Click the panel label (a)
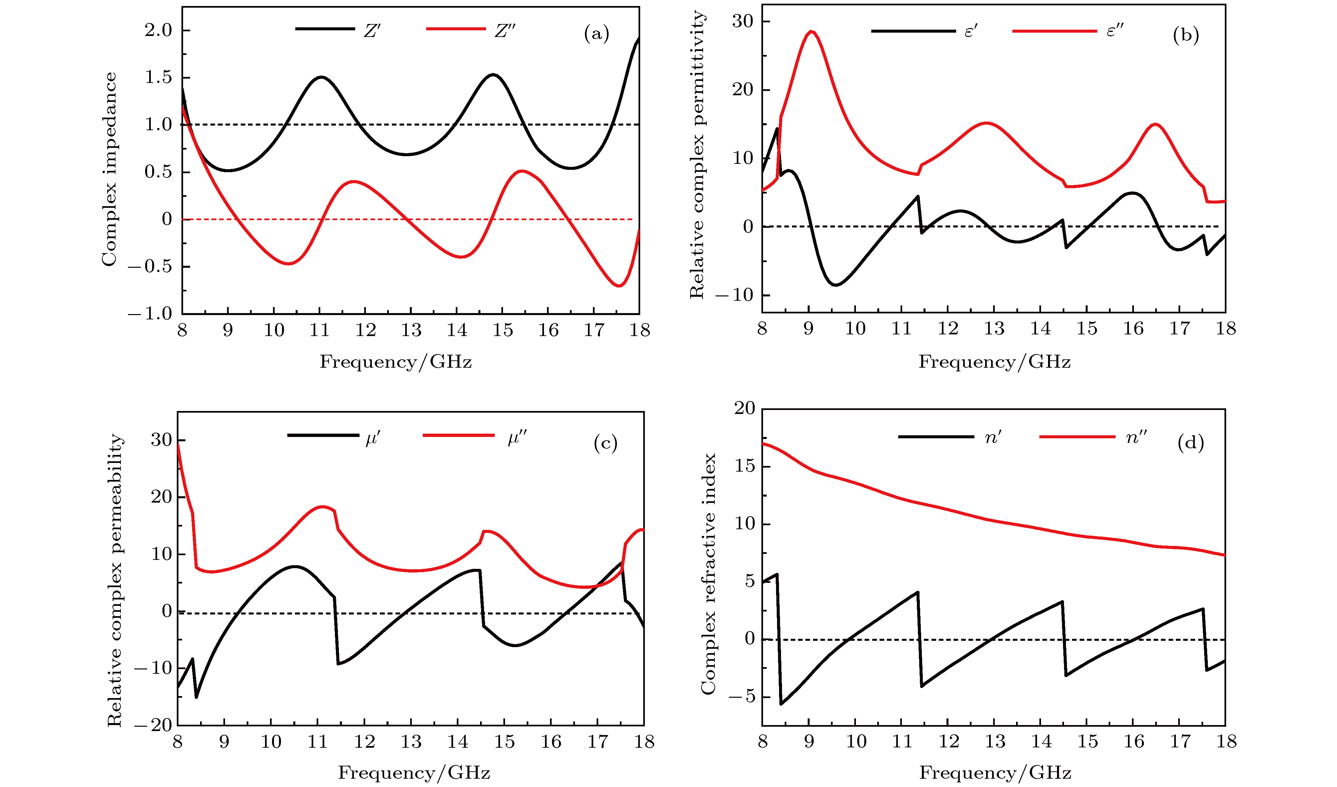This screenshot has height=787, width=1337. click(596, 35)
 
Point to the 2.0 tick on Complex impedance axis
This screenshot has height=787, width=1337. click(159, 31)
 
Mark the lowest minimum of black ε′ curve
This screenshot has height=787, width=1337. click(836, 285)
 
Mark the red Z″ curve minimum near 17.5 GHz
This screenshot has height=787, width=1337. click(619, 286)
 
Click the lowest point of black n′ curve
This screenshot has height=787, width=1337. click(781, 704)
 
